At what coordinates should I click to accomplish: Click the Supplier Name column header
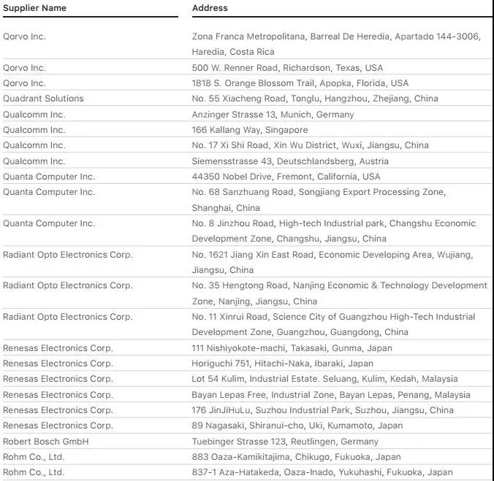[34, 8]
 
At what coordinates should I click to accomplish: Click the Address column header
[210, 8]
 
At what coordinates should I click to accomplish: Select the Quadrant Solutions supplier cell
[43, 99]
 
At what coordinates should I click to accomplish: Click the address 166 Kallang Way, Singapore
[240, 130]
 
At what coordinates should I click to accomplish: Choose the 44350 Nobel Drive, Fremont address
[286, 177]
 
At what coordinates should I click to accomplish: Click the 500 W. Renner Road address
[287, 68]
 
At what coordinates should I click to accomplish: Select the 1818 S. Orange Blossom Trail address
[300, 83]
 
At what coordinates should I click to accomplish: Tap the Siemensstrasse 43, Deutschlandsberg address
[290, 161]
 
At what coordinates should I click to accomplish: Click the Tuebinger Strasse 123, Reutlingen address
[285, 442]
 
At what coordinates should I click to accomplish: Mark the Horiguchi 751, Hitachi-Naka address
[282, 363]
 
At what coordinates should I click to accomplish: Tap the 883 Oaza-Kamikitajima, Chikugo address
[296, 457]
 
